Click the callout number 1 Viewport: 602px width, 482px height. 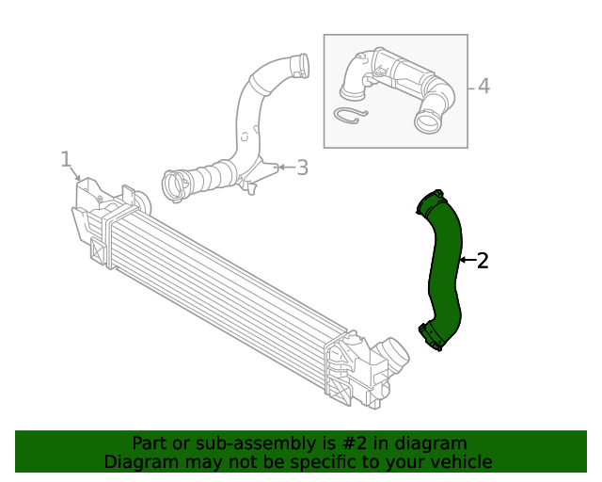65,158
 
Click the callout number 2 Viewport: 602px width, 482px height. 483,261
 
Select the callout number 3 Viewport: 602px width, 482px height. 302,168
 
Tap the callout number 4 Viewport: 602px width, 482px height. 483,87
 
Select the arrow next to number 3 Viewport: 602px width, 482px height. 284,169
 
